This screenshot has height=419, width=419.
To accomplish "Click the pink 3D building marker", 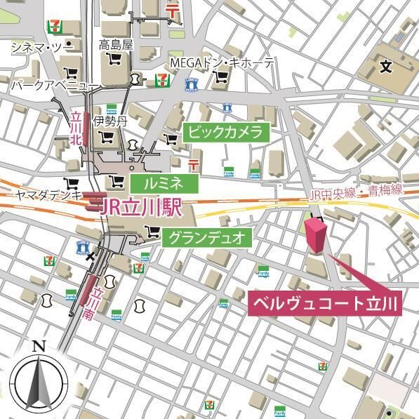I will click(x=315, y=234).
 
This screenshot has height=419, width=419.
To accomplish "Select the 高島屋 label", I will click(x=115, y=45).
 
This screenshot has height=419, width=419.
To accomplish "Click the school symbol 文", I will click(x=385, y=67).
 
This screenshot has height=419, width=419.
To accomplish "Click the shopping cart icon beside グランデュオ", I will click(x=150, y=234).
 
